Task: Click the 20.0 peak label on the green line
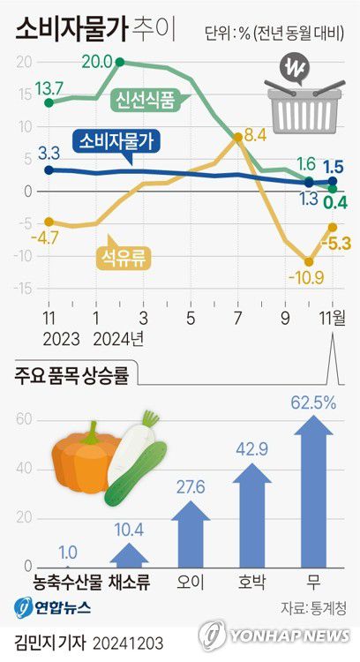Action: pos(94,61)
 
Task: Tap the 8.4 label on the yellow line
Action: pos(255,134)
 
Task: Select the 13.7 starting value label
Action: pos(49,87)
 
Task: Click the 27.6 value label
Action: pos(190,487)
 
